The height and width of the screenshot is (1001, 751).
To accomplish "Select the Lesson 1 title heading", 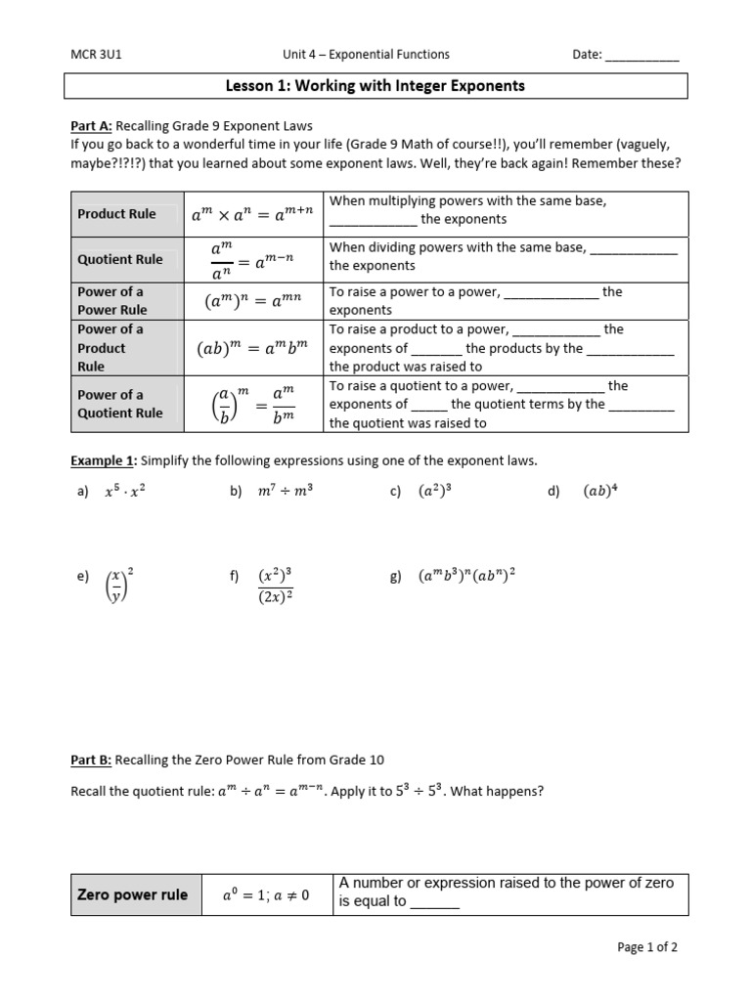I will click(375, 86).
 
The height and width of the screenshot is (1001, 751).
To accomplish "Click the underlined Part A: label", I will click(92, 125).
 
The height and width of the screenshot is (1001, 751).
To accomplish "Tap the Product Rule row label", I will click(116, 213).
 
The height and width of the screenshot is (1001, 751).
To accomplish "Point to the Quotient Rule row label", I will click(120, 259).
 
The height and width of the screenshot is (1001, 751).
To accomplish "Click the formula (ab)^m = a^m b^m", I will click(253, 348).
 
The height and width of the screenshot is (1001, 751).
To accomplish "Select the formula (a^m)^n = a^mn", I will click(253, 301).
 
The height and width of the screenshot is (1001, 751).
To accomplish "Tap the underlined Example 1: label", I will click(105, 460).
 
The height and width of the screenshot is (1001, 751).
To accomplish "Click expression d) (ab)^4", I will click(599, 493).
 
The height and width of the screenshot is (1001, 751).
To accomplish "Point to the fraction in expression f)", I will click(276, 586).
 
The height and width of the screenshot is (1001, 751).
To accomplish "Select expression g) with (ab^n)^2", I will click(466, 577).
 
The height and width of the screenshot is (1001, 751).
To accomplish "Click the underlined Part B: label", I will click(91, 761).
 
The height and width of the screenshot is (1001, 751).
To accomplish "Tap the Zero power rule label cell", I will click(132, 894).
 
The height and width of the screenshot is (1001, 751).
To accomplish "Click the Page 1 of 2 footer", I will click(646, 947).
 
